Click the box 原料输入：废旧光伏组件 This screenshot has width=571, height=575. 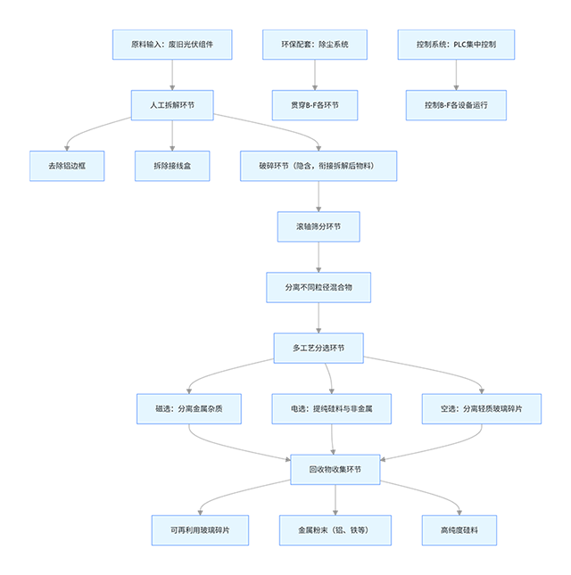point(172,44)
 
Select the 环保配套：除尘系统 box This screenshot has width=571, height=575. point(315,44)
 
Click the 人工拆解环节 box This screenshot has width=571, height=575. point(172,105)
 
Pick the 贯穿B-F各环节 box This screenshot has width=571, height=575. point(315,105)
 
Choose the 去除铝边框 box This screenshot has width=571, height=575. point(67,166)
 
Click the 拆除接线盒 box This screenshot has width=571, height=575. point(172,166)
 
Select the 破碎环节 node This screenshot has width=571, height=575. point(319,166)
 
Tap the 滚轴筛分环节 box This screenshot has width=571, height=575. point(319,226)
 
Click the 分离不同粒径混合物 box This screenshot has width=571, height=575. point(319,287)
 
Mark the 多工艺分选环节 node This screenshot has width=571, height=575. point(319,348)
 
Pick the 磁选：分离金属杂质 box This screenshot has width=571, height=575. point(188,408)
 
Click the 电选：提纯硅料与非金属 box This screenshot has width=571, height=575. point(333,408)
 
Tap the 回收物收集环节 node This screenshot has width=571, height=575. point(335,469)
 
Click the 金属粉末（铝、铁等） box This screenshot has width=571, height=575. point(335,530)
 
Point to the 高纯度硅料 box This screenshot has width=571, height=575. point(459,530)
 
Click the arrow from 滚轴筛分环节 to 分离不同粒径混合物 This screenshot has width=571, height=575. point(319,257)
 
